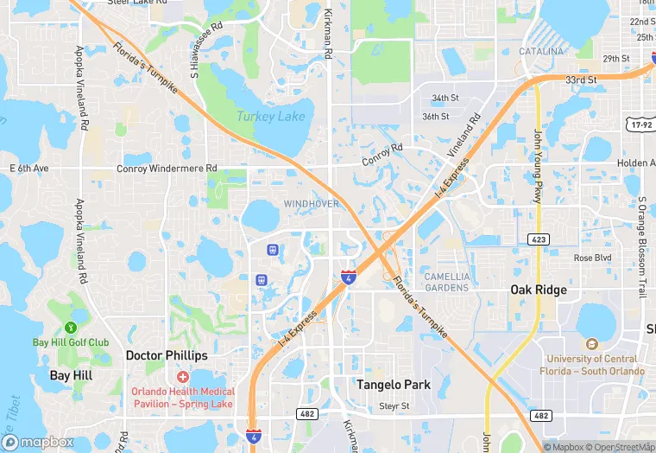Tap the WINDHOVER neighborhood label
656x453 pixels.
311,203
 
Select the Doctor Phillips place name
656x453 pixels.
167,355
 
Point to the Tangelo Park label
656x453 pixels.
394,385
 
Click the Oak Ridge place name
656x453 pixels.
539,290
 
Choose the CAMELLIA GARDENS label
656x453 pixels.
447,282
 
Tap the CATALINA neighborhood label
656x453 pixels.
541,52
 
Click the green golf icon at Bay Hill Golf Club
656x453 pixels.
71,328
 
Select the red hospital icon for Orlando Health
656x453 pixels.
182,376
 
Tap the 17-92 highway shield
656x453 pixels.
641,124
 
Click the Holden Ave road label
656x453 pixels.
635,163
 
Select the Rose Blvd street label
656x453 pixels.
592,258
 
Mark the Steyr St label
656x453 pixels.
394,406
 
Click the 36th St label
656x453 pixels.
435,117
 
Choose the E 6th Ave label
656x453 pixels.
29,168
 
